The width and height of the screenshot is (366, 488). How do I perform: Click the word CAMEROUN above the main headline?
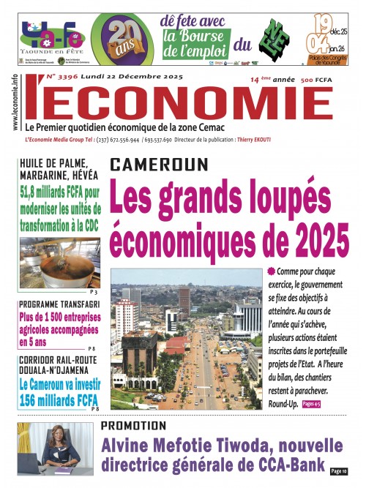coord(159,165)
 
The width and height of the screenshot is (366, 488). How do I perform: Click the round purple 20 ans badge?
coord(122,38)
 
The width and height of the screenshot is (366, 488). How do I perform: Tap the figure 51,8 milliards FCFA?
coord(63,191)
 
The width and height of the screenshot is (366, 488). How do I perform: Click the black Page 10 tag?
coord(338,471)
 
